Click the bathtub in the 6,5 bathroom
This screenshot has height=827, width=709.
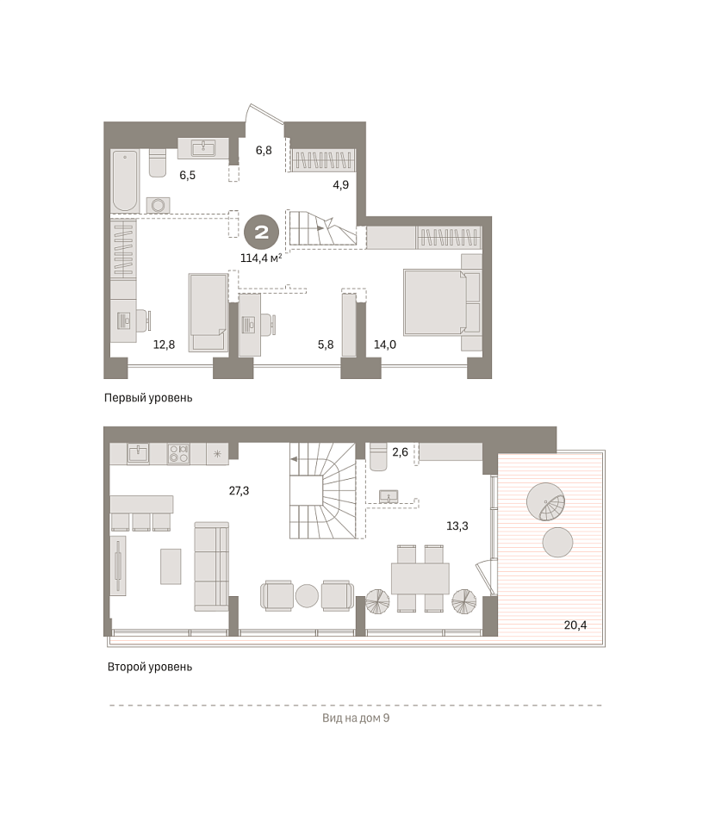point(125,181)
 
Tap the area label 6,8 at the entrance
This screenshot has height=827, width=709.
point(264,150)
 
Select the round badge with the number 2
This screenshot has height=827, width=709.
point(262,233)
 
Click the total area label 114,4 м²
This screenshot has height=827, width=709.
point(261,258)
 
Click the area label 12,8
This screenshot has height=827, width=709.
point(164,345)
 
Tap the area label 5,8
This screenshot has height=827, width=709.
point(326,345)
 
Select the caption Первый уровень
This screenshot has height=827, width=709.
point(148,398)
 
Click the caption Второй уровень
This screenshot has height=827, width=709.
point(150,667)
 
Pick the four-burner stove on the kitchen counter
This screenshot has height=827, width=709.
point(178,454)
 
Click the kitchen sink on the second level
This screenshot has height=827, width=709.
point(138,454)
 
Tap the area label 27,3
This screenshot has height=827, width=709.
point(239,491)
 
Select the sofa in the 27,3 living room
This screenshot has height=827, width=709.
point(212,567)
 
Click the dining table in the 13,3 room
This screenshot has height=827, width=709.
point(420,579)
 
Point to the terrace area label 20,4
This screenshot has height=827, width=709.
point(575,625)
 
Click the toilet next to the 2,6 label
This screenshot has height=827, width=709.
point(379,457)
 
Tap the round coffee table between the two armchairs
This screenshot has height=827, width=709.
point(307,596)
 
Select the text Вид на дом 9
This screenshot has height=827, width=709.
point(356,718)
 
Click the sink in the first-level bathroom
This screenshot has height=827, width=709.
point(203,147)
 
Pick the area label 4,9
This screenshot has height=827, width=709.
point(341,185)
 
